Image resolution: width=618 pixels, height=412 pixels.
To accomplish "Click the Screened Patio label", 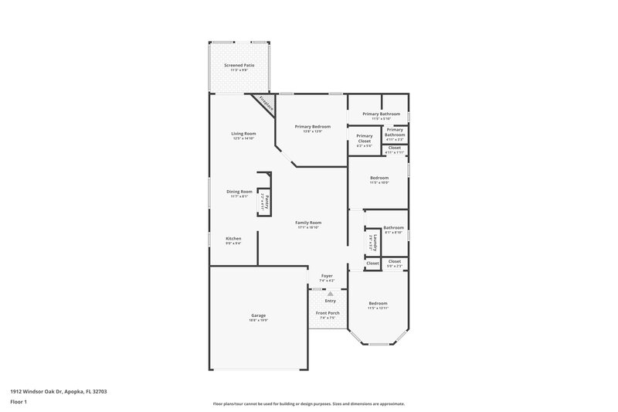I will coord(239,65).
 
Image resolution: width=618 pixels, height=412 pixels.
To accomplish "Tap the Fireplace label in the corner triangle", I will coord(266,103).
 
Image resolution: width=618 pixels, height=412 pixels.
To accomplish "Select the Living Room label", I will coord(243,134).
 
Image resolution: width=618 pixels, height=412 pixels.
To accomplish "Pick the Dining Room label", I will coord(239,192).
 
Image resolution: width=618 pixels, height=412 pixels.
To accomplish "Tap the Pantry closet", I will coord(263,202).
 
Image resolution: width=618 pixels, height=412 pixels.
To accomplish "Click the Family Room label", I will coord(308,223).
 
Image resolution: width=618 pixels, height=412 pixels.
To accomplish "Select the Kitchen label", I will coord(233,238).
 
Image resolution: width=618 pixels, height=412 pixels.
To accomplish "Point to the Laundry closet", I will coord(372,241).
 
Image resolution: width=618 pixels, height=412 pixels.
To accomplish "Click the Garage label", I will coord(258,315).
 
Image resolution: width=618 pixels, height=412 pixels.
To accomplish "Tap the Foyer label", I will coord(327,275).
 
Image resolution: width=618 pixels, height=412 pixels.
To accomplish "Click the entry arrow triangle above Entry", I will coord(330,294).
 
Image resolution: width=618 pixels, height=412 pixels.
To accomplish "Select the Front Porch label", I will coord(327,312).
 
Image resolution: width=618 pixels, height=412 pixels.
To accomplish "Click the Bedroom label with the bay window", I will coord(378,303).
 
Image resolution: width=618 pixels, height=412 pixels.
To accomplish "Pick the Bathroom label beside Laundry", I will coord(394,227).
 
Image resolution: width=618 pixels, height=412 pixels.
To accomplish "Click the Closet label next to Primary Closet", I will coord(394,147).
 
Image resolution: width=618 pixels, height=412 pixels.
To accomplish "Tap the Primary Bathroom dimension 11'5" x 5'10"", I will coord(385,119).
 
